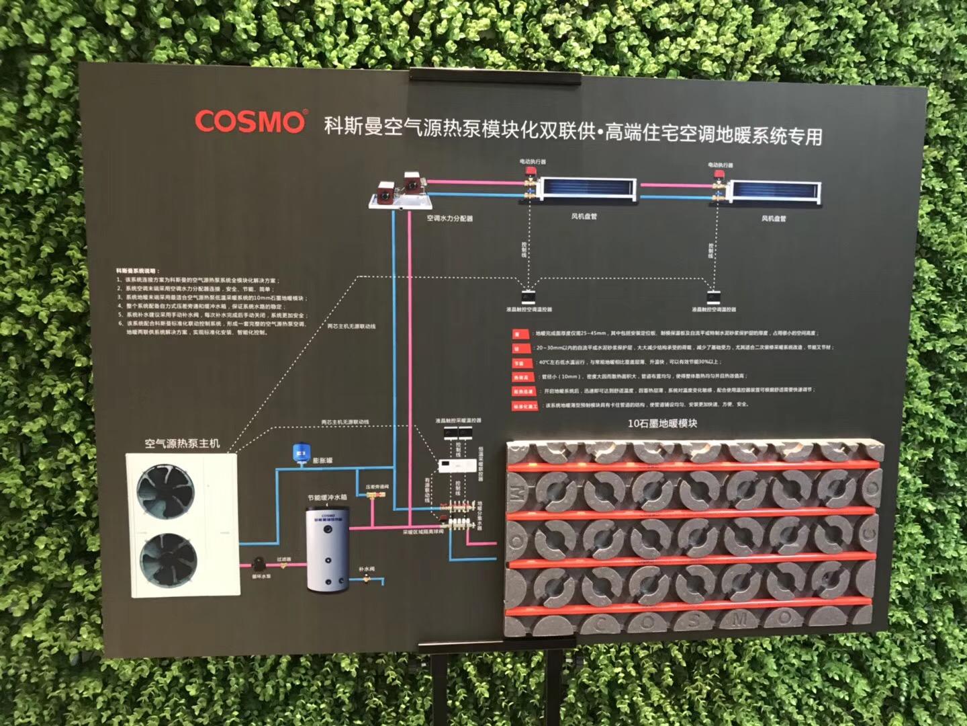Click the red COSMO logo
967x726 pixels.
tap(250, 121)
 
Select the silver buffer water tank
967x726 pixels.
tap(327, 550)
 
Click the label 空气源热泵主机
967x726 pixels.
tap(182, 443)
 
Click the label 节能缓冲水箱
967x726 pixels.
tap(327, 498)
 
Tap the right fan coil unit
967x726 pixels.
tap(776, 192)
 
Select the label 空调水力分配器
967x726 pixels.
tap(449, 218)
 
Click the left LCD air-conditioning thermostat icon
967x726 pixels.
tap(528, 296)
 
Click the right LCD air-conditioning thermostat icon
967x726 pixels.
tap(713, 296)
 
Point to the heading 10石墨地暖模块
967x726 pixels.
tap(662, 424)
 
